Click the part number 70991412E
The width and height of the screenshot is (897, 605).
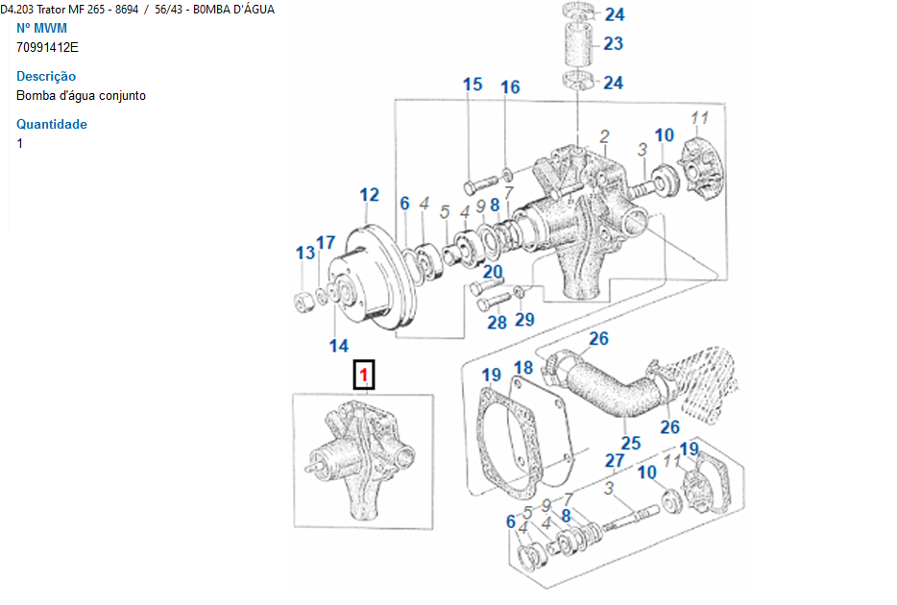click(47, 47)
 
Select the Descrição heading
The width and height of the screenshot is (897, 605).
click(46, 76)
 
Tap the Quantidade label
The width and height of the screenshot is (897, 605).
click(52, 124)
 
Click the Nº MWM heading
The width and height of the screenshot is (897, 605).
click(41, 28)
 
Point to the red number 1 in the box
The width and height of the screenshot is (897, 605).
click(364, 375)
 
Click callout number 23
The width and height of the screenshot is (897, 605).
click(613, 43)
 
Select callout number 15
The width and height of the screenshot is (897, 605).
click(473, 85)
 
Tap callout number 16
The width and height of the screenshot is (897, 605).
click(509, 87)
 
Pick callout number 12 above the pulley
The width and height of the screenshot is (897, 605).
click(370, 195)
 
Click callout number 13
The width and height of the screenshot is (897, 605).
click(305, 254)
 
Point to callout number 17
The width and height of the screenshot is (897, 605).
click(326, 243)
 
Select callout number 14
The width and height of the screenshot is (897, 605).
click(339, 346)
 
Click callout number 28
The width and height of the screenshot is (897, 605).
click(497, 322)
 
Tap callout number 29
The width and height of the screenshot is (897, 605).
click(524, 319)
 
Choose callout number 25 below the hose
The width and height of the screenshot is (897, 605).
click(630, 443)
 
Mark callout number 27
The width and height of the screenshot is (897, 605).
click(615, 461)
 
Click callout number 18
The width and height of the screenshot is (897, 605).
click(522, 368)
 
